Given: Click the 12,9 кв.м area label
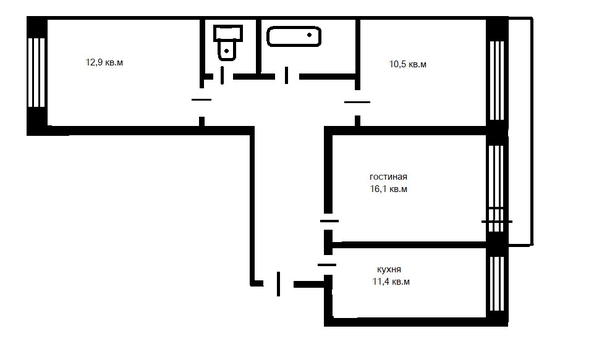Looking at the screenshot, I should (x=106, y=62).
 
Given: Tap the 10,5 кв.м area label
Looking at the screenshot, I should (x=408, y=65).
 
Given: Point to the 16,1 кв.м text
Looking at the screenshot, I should (x=388, y=188).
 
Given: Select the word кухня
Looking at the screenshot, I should (x=389, y=270).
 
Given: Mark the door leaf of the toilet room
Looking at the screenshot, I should (x=222, y=73).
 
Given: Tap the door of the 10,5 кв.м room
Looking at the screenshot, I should (x=357, y=102).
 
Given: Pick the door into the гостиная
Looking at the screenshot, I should (x=328, y=219).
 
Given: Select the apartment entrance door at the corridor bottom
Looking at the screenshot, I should (x=277, y=284).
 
